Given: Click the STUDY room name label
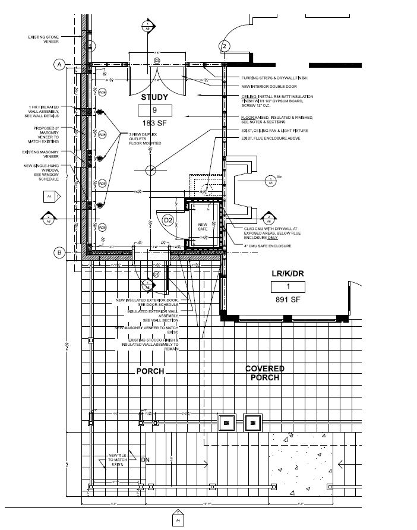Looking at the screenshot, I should click(x=154, y=97).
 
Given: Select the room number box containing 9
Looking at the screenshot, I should click(x=154, y=110).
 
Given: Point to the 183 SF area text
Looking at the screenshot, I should click(x=154, y=122).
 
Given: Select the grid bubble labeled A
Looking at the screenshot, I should click(x=59, y=65).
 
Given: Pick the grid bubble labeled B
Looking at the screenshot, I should click(x=59, y=253).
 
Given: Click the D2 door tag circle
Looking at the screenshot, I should click(x=168, y=220).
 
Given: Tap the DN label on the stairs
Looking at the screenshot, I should click(x=144, y=460).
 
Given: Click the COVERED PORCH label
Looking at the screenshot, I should click(x=265, y=373).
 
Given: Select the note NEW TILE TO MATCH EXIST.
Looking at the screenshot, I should click(x=115, y=460).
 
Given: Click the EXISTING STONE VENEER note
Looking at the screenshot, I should click(x=44, y=39).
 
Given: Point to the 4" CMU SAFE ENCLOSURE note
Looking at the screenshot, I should click(x=267, y=245).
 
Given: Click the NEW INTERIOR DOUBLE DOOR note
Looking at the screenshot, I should click(x=267, y=87).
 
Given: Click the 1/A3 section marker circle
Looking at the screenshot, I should click(x=270, y=179).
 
